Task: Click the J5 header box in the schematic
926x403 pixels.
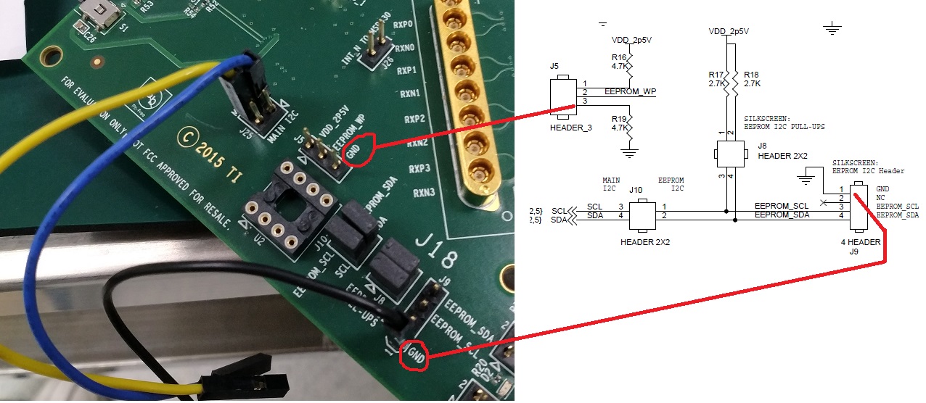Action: point(562,97)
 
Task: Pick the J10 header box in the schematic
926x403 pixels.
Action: point(642,215)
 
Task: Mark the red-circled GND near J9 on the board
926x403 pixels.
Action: point(414,355)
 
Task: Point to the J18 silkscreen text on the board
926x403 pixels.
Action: point(431,240)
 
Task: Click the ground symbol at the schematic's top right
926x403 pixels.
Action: point(832,30)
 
